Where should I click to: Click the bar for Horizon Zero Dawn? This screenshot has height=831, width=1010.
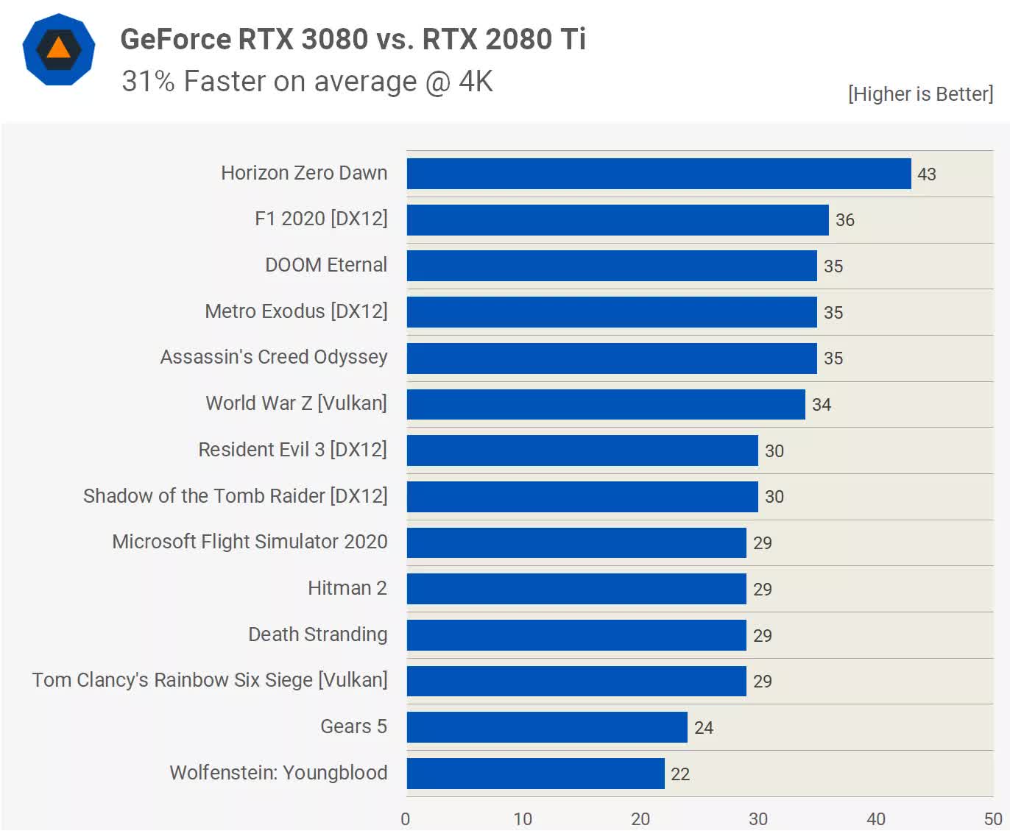(658, 174)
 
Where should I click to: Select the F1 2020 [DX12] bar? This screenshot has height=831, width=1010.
(617, 220)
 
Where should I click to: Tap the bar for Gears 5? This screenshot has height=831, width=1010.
(546, 727)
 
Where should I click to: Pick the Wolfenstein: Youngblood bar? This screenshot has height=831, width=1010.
(535, 774)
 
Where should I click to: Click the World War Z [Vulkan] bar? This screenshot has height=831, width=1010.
(605, 404)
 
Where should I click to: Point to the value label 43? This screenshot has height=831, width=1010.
(926, 174)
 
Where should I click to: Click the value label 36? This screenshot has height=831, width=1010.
(844, 220)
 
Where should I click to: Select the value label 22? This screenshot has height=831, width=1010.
(679, 774)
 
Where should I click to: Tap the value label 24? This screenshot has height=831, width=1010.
(703, 728)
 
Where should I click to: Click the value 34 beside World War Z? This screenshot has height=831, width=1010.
(821, 405)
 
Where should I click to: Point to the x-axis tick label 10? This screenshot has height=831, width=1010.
(523, 819)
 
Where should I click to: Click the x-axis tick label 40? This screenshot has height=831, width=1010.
(875, 819)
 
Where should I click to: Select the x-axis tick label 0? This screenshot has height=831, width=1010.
(406, 819)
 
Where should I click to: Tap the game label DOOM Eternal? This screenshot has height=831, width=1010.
(325, 265)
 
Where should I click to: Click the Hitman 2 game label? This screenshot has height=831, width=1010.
(347, 588)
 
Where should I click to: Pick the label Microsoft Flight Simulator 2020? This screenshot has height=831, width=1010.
(250, 542)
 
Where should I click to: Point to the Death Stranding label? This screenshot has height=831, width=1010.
(317, 634)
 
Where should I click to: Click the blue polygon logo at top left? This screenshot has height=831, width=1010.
(59, 49)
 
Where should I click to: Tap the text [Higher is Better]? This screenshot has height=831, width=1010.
(920, 94)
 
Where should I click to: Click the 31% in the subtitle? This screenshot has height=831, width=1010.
(148, 82)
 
